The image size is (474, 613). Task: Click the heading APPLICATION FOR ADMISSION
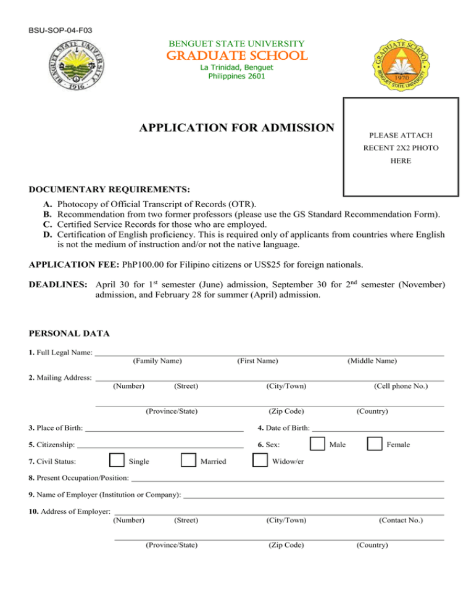236,128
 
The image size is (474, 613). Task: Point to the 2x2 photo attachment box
401,147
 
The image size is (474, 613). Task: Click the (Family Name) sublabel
157,361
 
